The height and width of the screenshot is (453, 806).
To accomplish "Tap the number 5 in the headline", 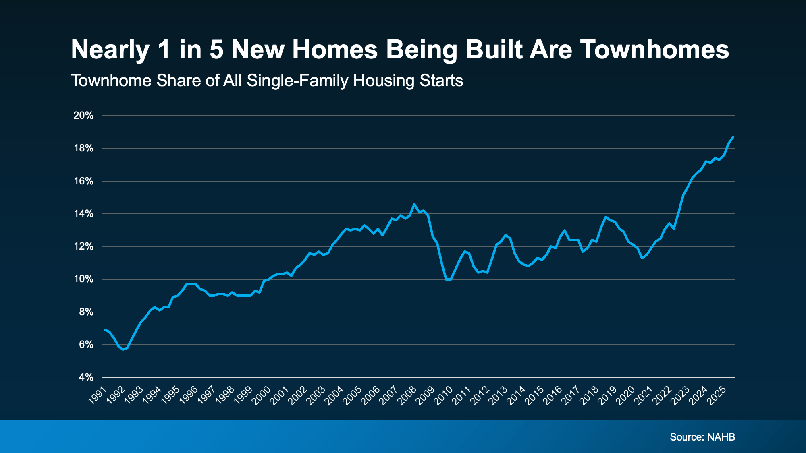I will click(x=216, y=50).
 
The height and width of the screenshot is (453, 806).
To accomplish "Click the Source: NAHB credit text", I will click(x=702, y=437).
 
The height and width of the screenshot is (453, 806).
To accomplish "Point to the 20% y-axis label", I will click(x=83, y=116).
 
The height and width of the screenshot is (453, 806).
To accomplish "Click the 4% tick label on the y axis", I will click(x=86, y=378).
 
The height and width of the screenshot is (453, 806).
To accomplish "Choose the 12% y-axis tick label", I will click(x=83, y=247).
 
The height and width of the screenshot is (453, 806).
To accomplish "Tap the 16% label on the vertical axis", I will click(x=83, y=182).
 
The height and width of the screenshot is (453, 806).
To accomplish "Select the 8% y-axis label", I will click(x=86, y=312).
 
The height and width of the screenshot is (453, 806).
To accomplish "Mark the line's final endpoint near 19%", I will click(x=733, y=137).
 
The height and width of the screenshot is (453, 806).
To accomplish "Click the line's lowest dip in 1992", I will click(x=123, y=349).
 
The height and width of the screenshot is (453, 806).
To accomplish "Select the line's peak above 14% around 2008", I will click(x=414, y=204).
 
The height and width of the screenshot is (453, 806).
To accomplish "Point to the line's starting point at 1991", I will click(x=105, y=330).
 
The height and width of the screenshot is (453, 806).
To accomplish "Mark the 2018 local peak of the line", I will click(x=605, y=217).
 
